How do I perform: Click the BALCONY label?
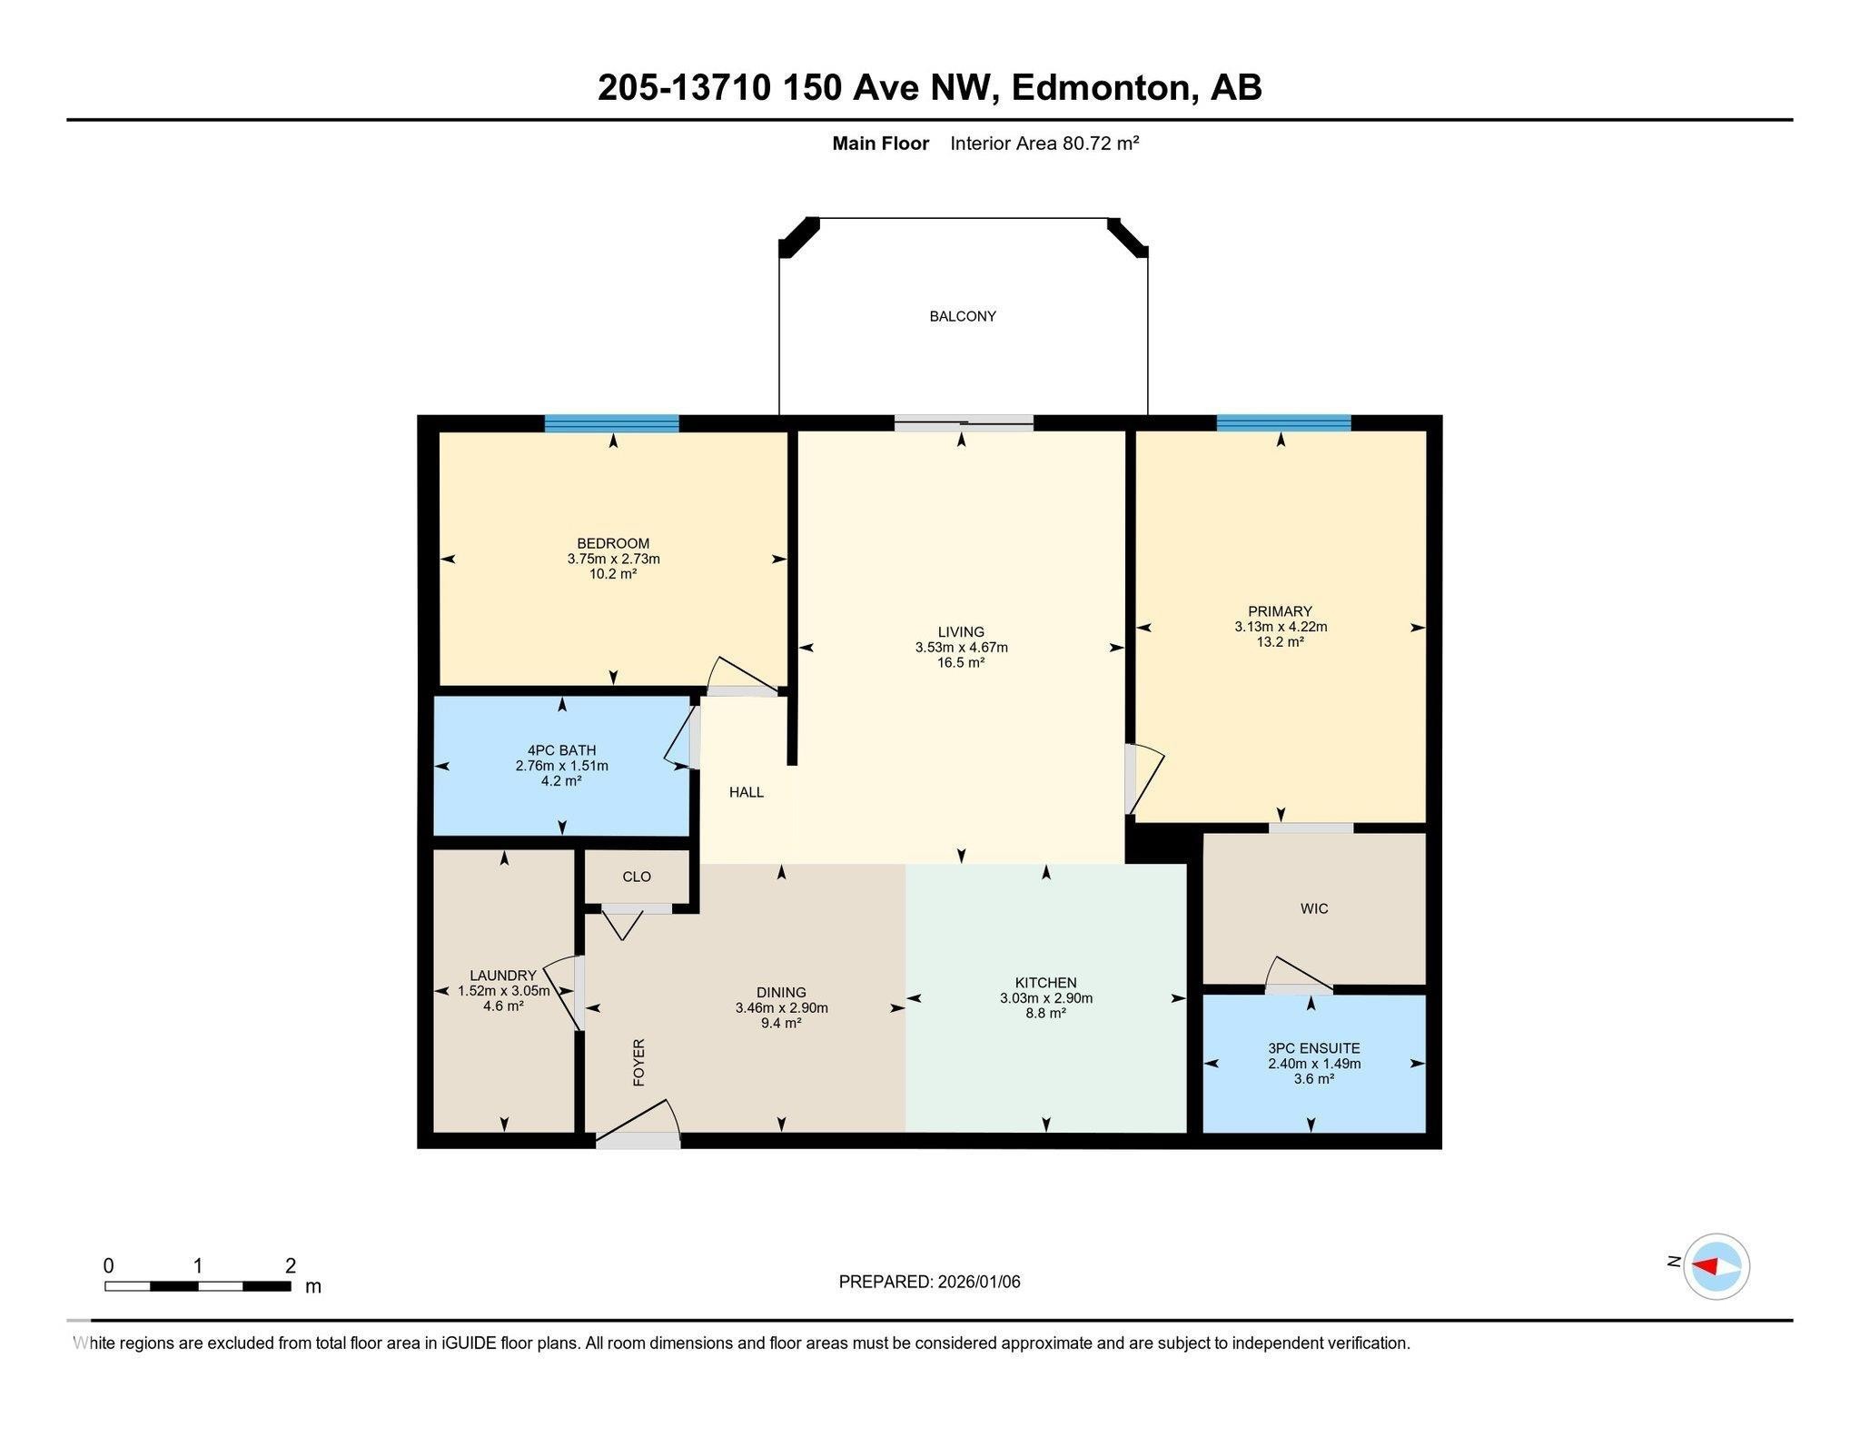(963, 316)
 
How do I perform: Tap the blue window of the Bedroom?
(612, 423)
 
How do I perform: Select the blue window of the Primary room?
(1283, 423)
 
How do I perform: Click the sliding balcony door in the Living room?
(964, 422)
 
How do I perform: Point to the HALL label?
(747, 792)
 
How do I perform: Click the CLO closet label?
(637, 877)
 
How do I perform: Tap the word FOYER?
(638, 1062)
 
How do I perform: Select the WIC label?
(1314, 908)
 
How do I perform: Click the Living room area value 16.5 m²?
(962, 663)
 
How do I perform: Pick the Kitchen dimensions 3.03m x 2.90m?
(1046, 998)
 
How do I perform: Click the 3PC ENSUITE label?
(1314, 1048)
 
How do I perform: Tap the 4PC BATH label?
(562, 750)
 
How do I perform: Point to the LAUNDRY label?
(503, 976)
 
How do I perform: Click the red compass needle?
(1705, 1266)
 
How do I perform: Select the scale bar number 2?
(291, 1265)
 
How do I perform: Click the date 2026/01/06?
(979, 1282)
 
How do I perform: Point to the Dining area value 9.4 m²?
(782, 1024)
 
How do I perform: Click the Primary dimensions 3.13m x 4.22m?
(1281, 627)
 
